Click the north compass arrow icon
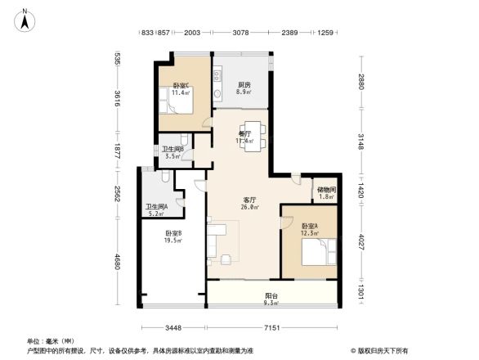click(25, 19)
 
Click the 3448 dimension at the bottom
click(172, 328)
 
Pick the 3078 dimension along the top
click(240, 32)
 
